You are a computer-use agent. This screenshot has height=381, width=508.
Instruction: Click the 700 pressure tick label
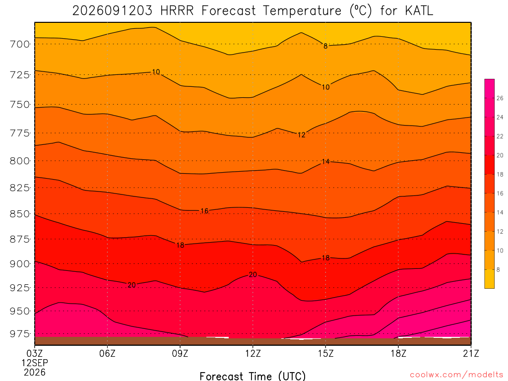click(x=20, y=44)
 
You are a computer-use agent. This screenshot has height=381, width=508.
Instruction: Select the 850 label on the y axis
click(x=20, y=214)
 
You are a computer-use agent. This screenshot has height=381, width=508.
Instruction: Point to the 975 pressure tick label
click(x=20, y=334)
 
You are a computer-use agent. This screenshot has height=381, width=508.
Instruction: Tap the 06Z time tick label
click(x=107, y=353)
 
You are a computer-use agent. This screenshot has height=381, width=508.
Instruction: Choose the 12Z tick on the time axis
click(x=253, y=353)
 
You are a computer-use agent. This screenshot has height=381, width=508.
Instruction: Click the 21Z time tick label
click(x=471, y=353)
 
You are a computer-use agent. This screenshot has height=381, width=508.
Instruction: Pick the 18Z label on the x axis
click(x=398, y=353)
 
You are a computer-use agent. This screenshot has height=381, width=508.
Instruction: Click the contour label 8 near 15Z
click(x=325, y=46)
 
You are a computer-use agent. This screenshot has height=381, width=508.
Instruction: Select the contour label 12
click(x=301, y=135)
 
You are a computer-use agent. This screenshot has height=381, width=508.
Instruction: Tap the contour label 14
click(x=325, y=161)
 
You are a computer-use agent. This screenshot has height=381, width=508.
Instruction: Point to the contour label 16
click(x=204, y=211)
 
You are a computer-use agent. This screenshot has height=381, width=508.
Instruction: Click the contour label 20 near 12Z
click(x=253, y=275)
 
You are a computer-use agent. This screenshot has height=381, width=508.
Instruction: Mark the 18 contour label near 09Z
click(x=180, y=245)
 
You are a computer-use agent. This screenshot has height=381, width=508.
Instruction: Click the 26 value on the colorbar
click(x=500, y=98)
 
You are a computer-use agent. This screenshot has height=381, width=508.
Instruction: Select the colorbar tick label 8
click(x=498, y=269)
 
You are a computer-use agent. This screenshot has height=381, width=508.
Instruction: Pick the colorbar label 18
click(x=500, y=174)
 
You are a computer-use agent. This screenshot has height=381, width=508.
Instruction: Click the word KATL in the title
click(x=419, y=11)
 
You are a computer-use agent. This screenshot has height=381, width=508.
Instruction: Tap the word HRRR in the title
click(x=177, y=11)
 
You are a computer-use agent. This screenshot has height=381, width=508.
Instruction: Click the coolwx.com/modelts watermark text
click(x=456, y=375)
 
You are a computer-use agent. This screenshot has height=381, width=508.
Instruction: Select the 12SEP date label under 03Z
click(x=35, y=363)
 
